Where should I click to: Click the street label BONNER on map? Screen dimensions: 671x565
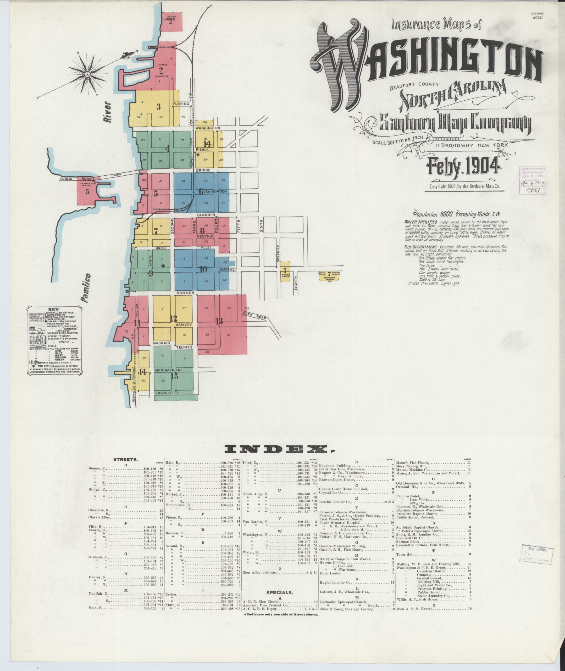coord(185,293)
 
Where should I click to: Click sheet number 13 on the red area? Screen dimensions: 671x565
coord(219,321)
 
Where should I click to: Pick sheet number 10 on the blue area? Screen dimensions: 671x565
coord(203,269)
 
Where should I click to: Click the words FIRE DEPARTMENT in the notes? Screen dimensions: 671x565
coord(420,247)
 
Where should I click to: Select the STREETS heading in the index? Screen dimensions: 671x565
coord(126,459)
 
